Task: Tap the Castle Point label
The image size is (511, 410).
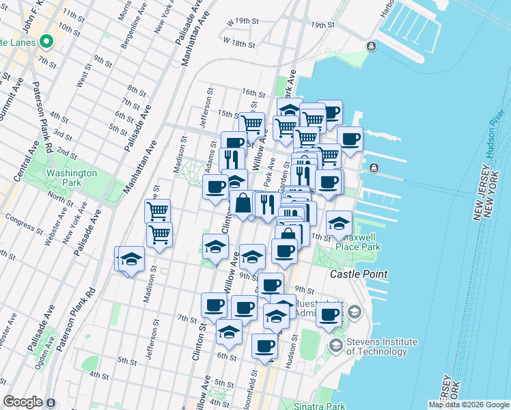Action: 359,274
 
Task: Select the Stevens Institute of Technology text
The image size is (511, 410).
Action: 381,346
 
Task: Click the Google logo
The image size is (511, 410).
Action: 23,402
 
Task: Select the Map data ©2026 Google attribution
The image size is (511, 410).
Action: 468,405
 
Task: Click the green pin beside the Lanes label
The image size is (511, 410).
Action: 46,42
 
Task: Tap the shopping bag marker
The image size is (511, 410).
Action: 243,204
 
